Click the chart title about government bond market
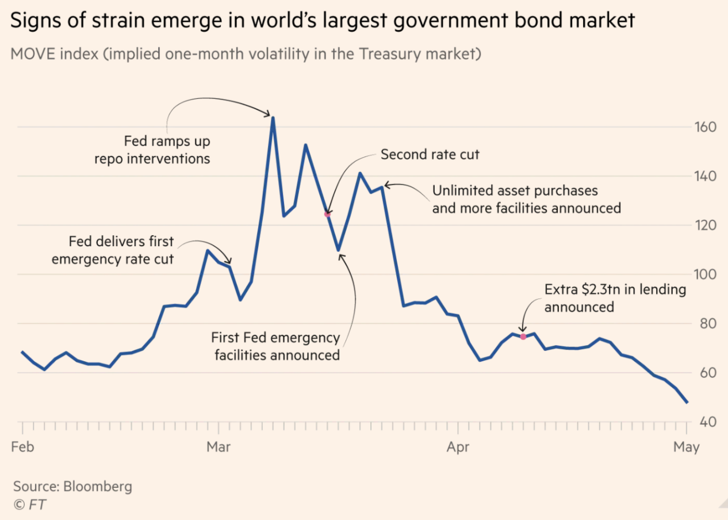(x=323, y=21)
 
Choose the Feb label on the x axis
(x=22, y=447)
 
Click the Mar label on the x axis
(x=219, y=447)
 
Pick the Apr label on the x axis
(x=458, y=447)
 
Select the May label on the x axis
(x=686, y=447)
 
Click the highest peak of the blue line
(x=273, y=117)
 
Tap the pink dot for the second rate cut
(x=328, y=214)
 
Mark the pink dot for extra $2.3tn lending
(x=523, y=337)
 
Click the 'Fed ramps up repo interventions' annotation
(x=152, y=150)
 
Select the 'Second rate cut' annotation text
(x=430, y=155)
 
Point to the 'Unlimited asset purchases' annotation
(x=526, y=199)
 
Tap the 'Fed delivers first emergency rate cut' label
(x=113, y=250)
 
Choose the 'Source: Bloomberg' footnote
(x=73, y=486)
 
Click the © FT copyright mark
(x=29, y=504)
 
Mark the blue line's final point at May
(x=686, y=402)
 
